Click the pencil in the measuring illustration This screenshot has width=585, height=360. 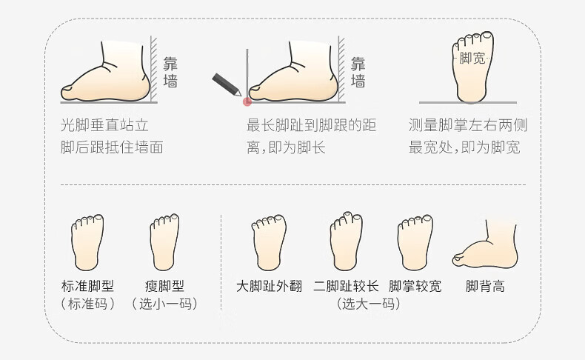(x=227, y=84)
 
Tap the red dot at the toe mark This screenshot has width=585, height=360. (x=247, y=101)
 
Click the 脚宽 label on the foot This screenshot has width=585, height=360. (x=472, y=59)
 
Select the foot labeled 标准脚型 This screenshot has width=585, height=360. (x=87, y=242)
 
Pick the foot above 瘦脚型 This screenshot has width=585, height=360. (x=164, y=242)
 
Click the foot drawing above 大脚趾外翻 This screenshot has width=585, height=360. (x=269, y=242)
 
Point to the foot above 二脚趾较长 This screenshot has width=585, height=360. (x=346, y=241)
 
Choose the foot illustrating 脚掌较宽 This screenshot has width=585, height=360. (x=415, y=242)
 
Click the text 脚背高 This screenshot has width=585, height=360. (x=485, y=287)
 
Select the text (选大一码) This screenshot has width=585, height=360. (x=369, y=304)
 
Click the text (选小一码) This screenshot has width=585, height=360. (x=164, y=304)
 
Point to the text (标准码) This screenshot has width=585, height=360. (x=87, y=304)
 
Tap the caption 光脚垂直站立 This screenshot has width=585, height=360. (x=105, y=125)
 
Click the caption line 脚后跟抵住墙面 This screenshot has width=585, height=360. (x=112, y=147)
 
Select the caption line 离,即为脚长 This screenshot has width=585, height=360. (x=286, y=147)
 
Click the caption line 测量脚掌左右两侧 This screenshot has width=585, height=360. (x=468, y=125)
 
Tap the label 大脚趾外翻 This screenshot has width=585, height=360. (x=269, y=287)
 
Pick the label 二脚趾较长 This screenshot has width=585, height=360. (x=346, y=287)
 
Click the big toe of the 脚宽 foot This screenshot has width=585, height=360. (x=487, y=36)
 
